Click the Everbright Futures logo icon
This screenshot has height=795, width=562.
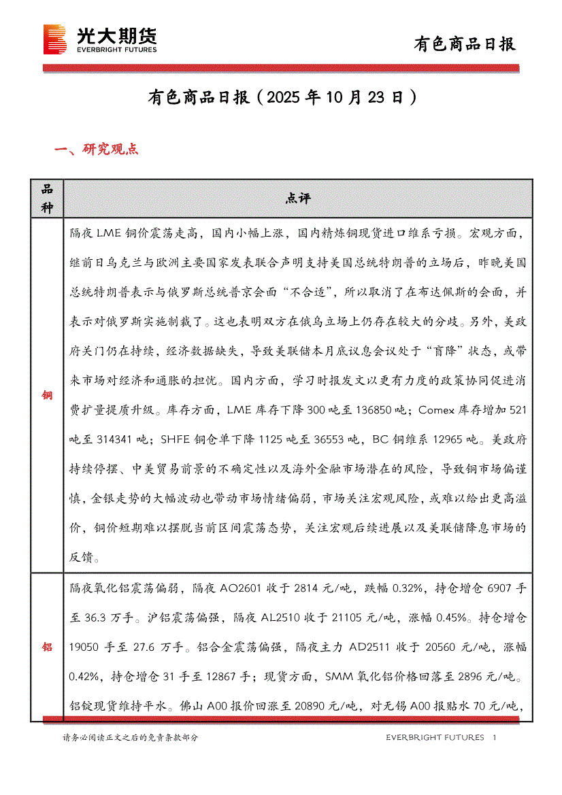tap(54, 39)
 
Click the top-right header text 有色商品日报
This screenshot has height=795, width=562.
tap(465, 44)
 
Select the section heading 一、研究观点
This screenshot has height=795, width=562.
tap(96, 149)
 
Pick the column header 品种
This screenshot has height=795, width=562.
tap(47, 199)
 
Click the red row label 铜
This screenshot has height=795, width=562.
tap(47, 395)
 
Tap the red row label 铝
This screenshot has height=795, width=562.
tap(47, 647)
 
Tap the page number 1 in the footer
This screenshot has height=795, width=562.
tap(495, 737)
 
